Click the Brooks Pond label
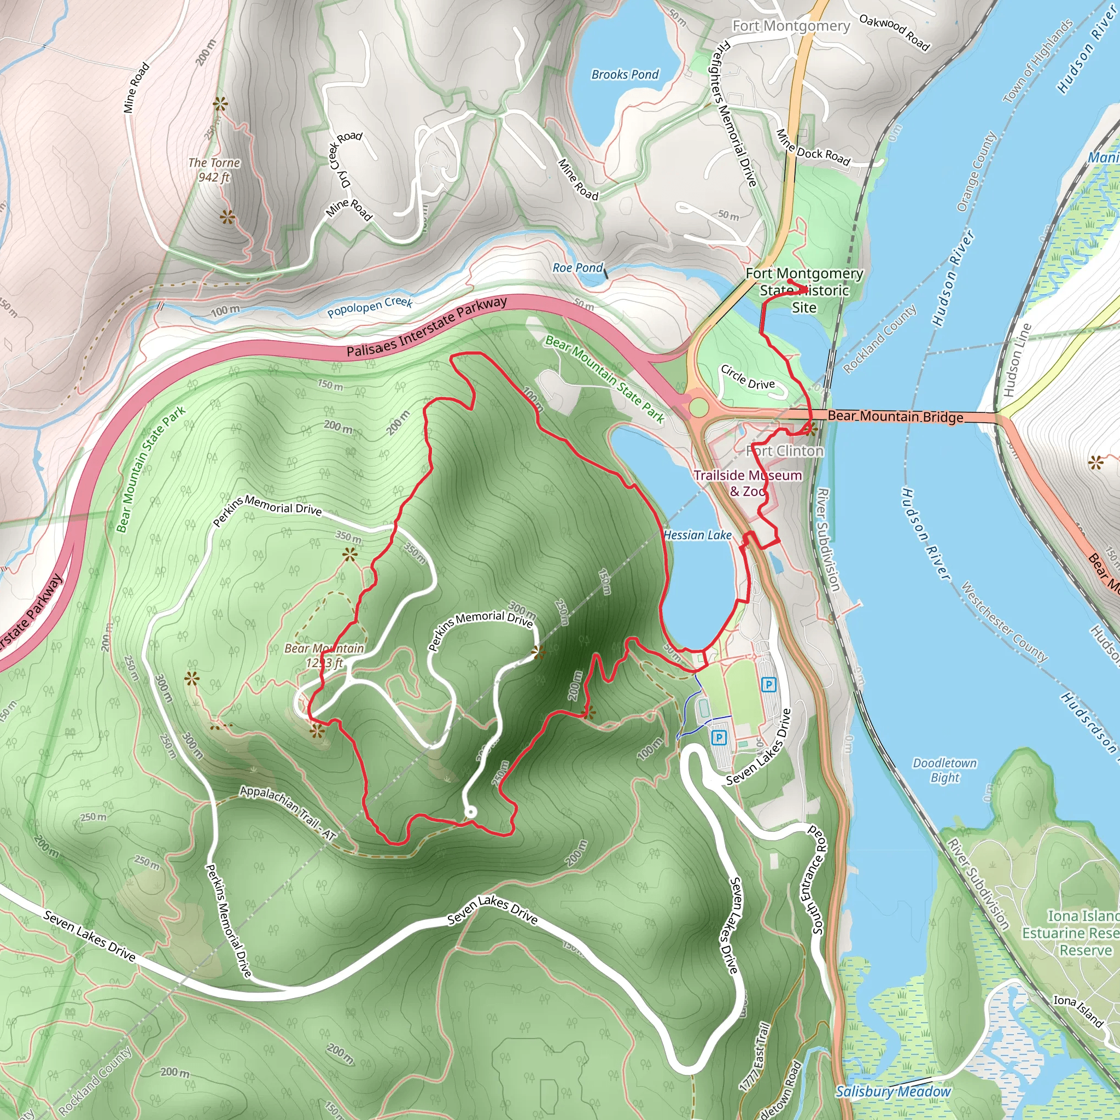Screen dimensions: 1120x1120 [625, 74]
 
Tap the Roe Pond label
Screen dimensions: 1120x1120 [577, 267]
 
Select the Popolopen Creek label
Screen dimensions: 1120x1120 [369, 307]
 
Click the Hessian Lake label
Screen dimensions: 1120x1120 [697, 535]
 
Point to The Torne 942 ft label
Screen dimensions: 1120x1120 [214, 170]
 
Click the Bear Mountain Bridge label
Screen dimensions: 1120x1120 [895, 416]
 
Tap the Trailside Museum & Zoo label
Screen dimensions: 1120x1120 [748, 483]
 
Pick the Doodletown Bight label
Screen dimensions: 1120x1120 [944, 770]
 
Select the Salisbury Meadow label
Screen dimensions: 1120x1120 [892, 1092]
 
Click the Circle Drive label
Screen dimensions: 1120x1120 [747, 377]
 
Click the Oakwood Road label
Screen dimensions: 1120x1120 [894, 32]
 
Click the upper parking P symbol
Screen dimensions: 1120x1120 [769, 685]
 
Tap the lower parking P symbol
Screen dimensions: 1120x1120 [719, 737]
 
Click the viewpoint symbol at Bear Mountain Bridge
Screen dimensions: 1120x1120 [810, 429]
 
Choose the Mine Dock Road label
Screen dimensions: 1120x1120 [813, 148]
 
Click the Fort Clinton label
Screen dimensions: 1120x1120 [785, 451]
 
